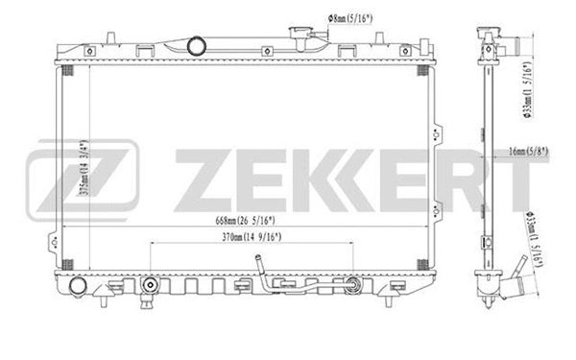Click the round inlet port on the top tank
point(195,45)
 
